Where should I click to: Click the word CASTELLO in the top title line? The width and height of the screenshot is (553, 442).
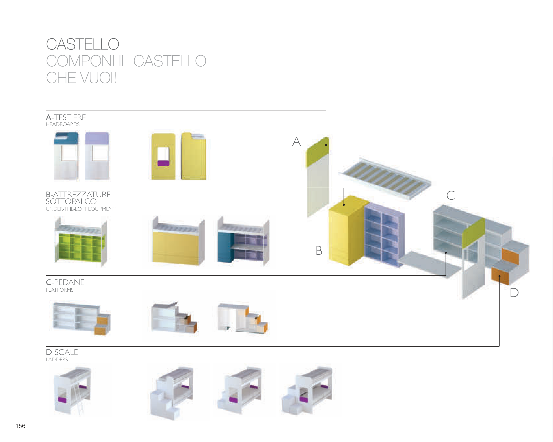[83, 44]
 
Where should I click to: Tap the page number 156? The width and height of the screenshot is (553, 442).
[21, 426]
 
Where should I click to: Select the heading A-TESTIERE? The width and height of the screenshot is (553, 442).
[66, 117]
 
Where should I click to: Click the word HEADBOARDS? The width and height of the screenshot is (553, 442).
[63, 124]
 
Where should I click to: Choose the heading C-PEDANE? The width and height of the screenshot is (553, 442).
[65, 282]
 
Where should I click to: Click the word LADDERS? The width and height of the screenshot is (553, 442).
[57, 360]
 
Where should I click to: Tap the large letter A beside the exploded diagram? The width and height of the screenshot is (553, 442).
[296, 142]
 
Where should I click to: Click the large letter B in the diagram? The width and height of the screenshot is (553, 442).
[319, 250]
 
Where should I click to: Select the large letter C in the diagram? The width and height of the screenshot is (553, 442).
[451, 195]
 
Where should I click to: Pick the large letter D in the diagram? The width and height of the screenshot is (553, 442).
[514, 293]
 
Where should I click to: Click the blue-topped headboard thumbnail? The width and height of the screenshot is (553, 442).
[66, 156]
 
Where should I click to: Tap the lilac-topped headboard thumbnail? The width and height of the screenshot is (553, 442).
[97, 156]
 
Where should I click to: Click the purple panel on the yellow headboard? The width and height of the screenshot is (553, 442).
[163, 163]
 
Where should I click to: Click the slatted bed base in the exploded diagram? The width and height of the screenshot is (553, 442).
[385, 177]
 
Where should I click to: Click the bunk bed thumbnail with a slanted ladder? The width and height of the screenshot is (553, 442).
[72, 391]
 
